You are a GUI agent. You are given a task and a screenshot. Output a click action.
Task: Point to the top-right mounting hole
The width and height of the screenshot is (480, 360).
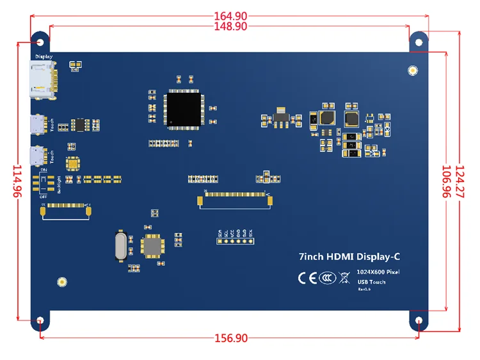pyautogui.click(x=419, y=42)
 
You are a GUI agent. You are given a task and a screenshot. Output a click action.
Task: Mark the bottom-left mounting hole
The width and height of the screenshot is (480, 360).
pyautogui.click(x=40, y=320)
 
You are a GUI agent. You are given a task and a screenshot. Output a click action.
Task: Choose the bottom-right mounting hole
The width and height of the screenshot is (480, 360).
pyautogui.click(x=419, y=320)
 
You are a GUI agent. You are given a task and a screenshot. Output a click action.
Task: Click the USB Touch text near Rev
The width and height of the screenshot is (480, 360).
pyautogui.click(x=371, y=282)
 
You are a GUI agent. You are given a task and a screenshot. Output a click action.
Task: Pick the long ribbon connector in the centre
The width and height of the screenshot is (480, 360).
pyautogui.click(x=236, y=200)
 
